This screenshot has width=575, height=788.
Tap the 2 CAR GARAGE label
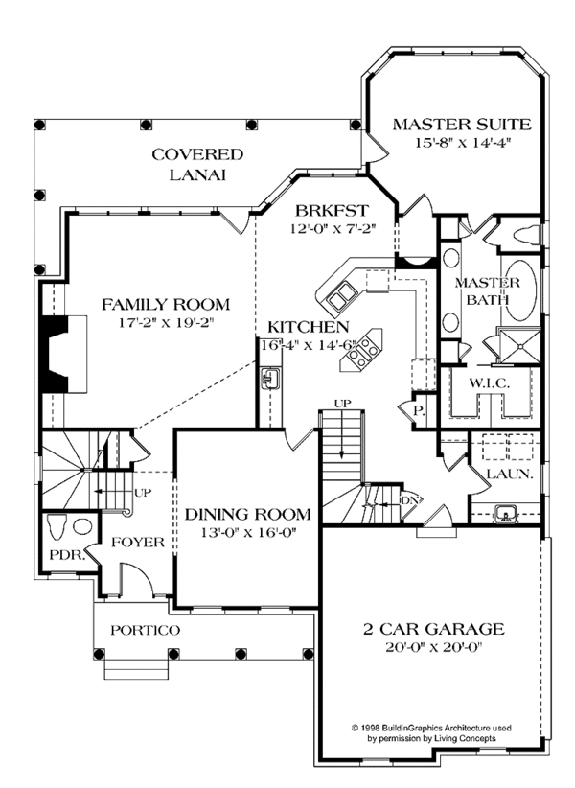pos(433,630)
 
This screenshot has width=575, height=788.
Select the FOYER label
pos(138,543)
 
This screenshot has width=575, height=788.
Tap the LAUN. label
pos(500,475)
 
